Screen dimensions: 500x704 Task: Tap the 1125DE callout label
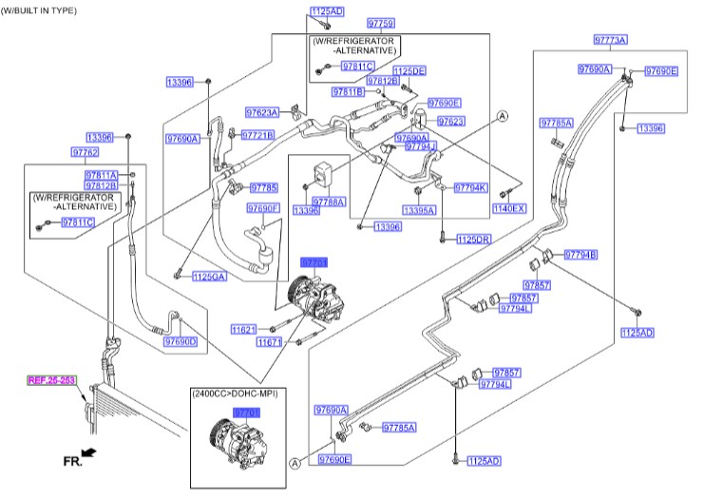coord(409,71)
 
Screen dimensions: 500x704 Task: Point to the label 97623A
coord(261,112)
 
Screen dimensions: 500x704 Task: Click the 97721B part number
coord(257,135)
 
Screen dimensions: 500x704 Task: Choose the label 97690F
coord(263,207)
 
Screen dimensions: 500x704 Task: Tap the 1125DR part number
coord(473,240)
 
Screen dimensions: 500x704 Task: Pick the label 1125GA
coord(209,277)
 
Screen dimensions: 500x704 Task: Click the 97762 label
coord(85,152)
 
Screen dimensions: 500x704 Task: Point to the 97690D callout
coord(180,341)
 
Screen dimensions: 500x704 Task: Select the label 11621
coord(243,329)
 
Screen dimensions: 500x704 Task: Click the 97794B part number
coord(580,255)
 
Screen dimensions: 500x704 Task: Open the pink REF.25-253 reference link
coord(51,380)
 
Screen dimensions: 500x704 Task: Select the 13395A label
coord(418,210)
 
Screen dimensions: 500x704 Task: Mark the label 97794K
coord(469,187)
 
